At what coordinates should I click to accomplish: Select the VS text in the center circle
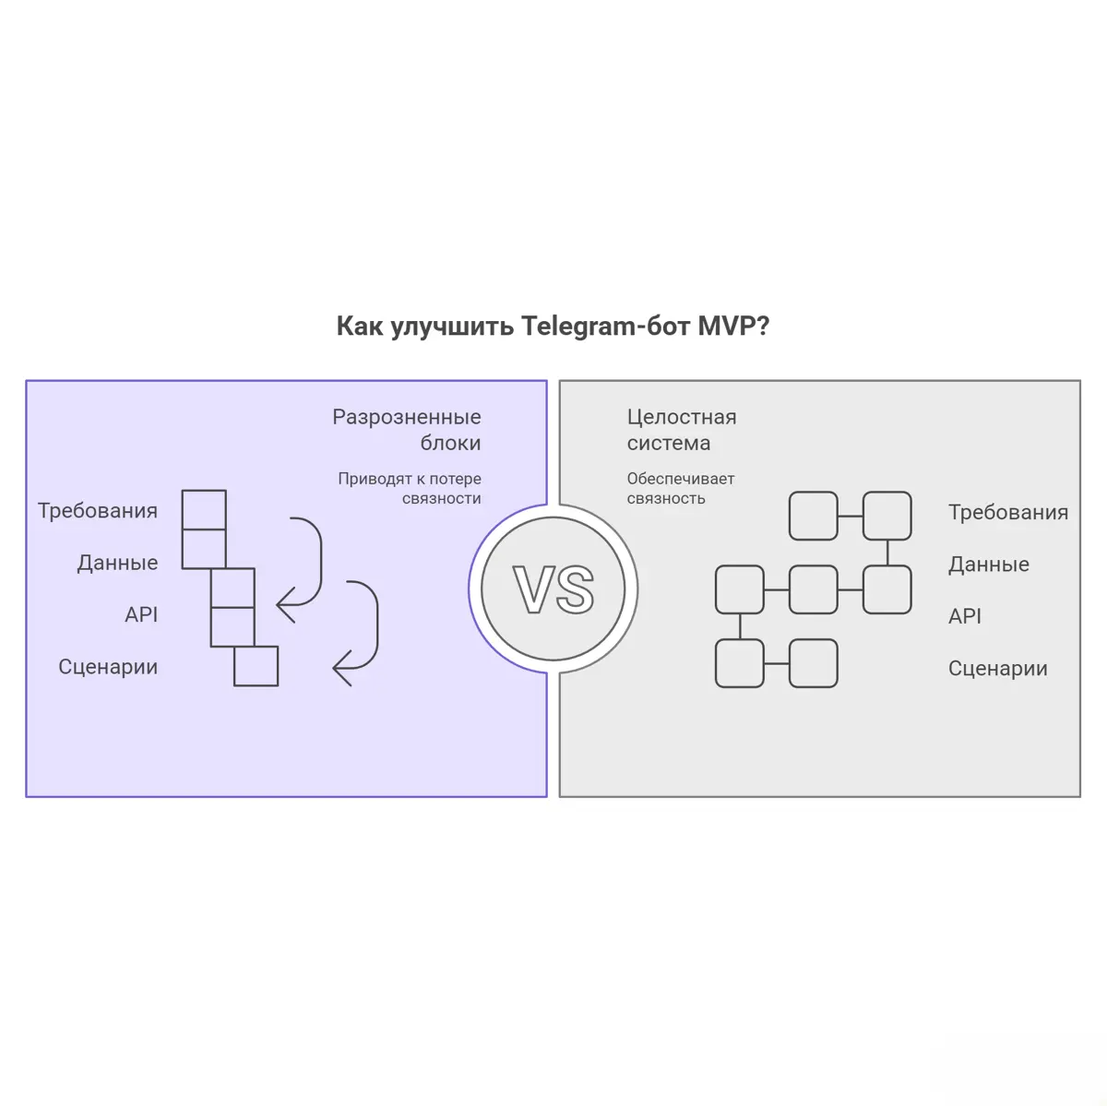[x=553, y=589]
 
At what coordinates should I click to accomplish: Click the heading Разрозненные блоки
[x=407, y=430]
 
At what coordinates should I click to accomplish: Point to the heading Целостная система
[x=682, y=430]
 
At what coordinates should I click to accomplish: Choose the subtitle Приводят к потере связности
[x=410, y=488]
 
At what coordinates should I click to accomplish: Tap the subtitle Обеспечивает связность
[x=681, y=488]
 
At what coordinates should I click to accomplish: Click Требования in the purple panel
[x=98, y=511]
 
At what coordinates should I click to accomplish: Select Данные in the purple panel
[x=117, y=563]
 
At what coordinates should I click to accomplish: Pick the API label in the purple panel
[x=141, y=614]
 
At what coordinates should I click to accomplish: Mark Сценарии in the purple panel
[x=108, y=667]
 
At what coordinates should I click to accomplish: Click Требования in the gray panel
[x=1008, y=513]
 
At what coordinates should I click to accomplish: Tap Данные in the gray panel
[x=989, y=565]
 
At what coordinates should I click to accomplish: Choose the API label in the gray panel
[x=965, y=616]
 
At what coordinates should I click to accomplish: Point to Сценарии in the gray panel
[x=998, y=669]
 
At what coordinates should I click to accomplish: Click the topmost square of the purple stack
[x=204, y=510]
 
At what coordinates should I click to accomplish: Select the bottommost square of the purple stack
[x=256, y=666]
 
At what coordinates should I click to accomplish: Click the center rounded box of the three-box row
[x=814, y=589]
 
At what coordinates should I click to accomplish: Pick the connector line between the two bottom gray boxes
[x=777, y=663]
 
